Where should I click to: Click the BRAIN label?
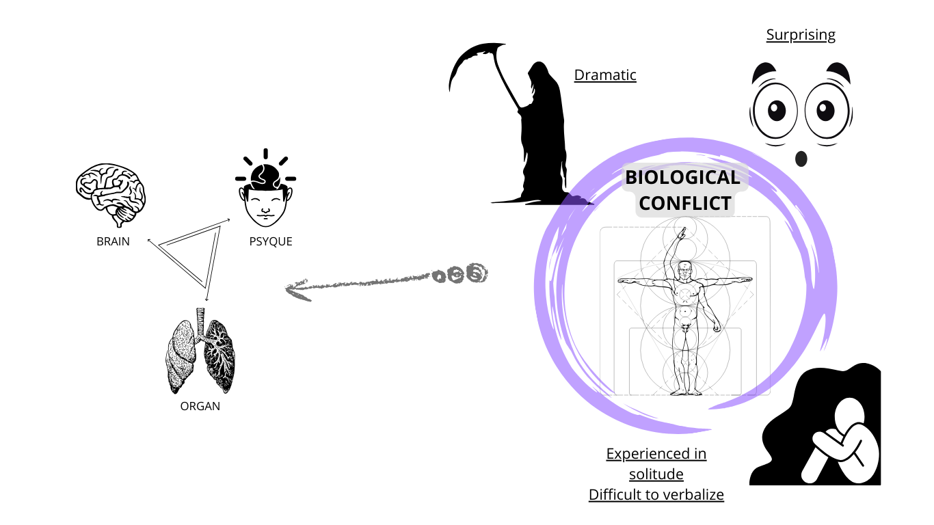(x=113, y=241)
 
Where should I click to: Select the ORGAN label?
(x=200, y=406)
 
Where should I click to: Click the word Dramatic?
(x=605, y=75)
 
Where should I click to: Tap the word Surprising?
(x=801, y=35)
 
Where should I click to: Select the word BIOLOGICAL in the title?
(x=682, y=178)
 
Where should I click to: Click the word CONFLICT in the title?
(x=685, y=203)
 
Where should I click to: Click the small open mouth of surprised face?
(x=801, y=159)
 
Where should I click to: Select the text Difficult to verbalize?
(x=656, y=494)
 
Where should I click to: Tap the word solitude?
(x=656, y=474)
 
